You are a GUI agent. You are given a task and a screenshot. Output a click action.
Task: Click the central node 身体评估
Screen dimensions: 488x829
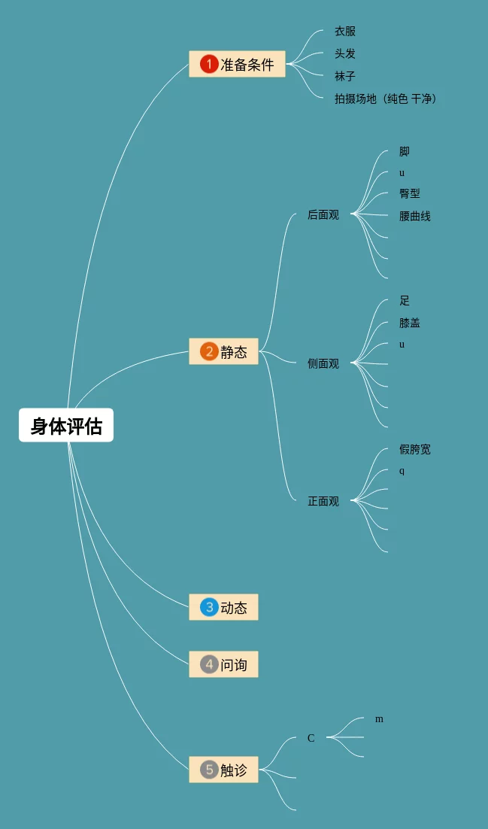pos(66,426)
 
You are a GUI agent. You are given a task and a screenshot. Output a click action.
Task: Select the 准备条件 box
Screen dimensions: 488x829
pos(237,64)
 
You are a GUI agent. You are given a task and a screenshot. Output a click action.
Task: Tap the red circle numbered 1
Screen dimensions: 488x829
pos(209,64)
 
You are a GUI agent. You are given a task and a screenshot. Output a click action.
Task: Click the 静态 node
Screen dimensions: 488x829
pos(223,351)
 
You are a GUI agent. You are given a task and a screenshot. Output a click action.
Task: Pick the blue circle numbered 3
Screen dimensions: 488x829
pos(209,607)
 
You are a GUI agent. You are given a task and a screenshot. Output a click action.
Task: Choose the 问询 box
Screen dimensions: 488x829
pos(223,664)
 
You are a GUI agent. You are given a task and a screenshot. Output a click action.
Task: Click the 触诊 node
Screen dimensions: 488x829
pos(223,770)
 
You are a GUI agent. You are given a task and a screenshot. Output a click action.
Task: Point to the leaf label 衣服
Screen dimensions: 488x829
pos(345,32)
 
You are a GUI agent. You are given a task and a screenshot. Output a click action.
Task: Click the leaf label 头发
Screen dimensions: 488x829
pos(345,54)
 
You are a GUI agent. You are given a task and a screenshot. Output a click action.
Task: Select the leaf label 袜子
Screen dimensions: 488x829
pos(345,77)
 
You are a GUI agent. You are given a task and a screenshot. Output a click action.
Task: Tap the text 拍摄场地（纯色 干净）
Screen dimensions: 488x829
pos(386,99)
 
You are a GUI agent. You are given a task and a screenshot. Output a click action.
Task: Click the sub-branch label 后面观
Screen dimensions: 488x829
pos(323,215)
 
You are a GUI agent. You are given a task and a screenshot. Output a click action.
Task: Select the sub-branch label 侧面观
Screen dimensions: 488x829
pos(323,364)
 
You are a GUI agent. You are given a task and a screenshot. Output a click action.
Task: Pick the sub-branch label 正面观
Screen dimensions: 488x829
pos(323,502)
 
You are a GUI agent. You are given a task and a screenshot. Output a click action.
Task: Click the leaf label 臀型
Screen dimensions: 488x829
pos(410,194)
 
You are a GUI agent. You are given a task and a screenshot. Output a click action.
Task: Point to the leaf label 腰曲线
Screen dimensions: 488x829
pos(415,217)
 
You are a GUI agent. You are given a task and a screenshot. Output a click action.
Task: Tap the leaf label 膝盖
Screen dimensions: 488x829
pos(410,323)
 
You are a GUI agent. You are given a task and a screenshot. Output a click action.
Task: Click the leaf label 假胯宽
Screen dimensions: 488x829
pos(415,450)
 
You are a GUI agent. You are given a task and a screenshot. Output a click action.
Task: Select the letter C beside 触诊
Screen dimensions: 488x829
pos(311,739)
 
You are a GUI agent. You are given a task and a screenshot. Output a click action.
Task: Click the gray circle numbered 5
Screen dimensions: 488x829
pos(209,770)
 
